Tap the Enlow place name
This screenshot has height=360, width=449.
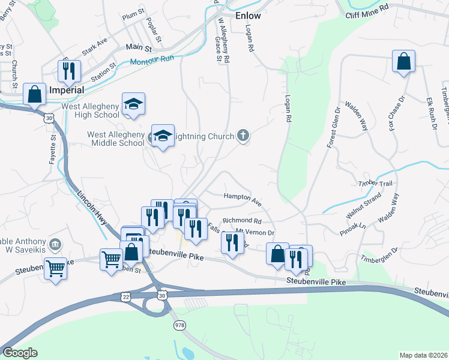[x=249, y=16]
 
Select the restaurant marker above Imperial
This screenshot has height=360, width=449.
[x=69, y=71]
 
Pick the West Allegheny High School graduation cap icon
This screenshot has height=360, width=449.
[x=133, y=103]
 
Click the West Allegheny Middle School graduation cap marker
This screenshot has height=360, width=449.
[x=163, y=136]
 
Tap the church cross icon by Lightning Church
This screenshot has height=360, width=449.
[x=243, y=136]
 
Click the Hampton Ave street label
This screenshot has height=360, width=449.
[x=243, y=199]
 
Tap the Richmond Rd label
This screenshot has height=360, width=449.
[x=239, y=221]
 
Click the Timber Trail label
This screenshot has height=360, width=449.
[x=375, y=183]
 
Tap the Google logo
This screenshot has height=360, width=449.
[x=20, y=352]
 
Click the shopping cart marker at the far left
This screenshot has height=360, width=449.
[x=55, y=268]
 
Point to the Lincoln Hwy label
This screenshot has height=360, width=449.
[x=92, y=208]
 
